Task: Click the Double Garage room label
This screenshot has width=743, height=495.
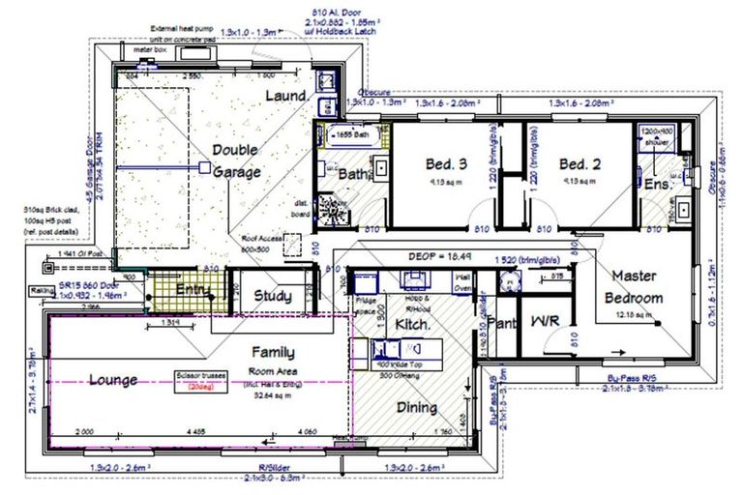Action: (x=237, y=161)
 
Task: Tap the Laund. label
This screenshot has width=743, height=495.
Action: (x=286, y=96)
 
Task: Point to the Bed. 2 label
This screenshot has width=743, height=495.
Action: (x=580, y=163)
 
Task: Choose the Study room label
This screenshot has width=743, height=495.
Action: (x=273, y=296)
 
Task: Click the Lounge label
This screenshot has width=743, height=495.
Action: (x=114, y=379)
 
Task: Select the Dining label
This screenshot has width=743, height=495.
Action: (x=417, y=407)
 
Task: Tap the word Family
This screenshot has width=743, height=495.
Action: (x=274, y=353)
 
